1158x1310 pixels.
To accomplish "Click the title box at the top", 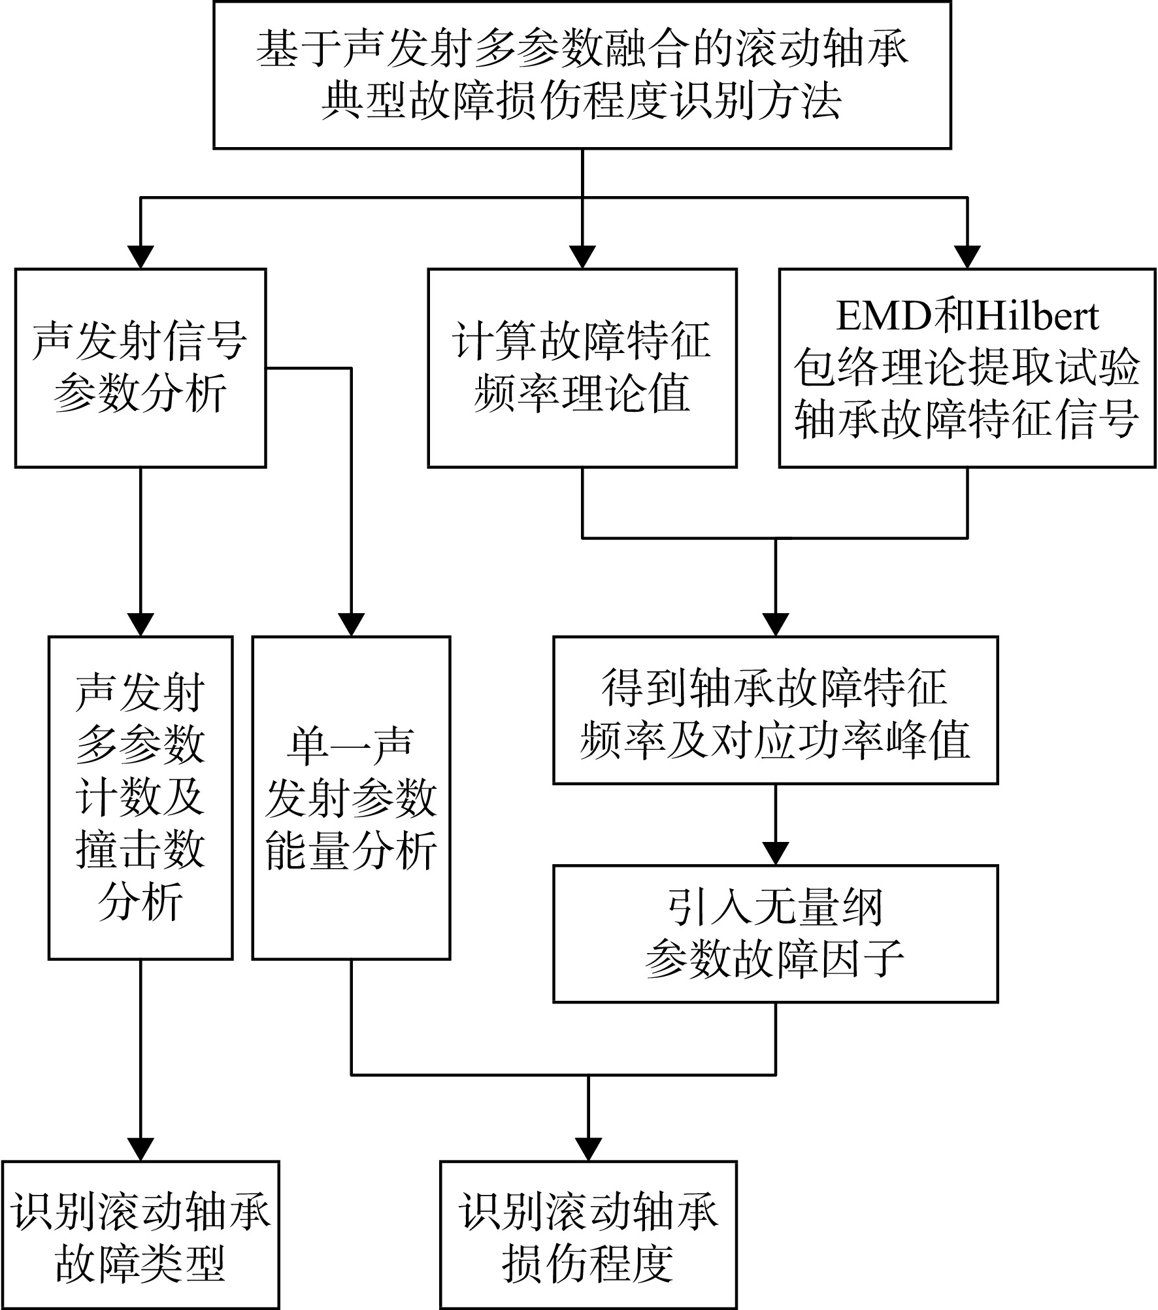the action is click(582, 75).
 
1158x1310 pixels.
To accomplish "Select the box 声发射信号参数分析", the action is click(141, 368).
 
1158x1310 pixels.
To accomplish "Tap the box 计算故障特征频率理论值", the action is click(582, 368).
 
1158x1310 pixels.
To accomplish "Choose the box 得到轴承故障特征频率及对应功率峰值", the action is click(776, 710).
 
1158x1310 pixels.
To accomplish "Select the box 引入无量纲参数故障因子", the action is click(776, 934).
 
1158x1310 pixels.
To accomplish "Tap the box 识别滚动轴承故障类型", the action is click(141, 1235).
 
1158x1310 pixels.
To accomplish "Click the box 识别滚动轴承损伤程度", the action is click(588, 1235).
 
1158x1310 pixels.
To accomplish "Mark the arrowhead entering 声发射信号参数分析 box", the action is click(141, 257).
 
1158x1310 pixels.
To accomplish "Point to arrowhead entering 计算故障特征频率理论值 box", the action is click(582, 257).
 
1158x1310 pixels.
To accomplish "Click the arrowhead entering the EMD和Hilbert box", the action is click(967, 257).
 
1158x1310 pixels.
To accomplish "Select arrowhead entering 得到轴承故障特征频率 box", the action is click(776, 625).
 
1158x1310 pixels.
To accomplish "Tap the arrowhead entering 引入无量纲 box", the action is click(776, 854).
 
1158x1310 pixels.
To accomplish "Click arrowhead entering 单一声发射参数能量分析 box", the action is click(352, 625).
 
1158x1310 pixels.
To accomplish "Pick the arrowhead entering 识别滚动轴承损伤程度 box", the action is click(588, 1150).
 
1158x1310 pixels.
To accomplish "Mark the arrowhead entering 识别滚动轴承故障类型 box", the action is click(141, 1150).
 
